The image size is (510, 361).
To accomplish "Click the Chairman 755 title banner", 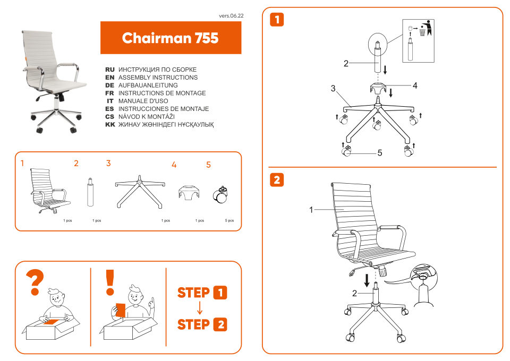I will (171, 38).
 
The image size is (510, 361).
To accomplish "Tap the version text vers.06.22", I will (231, 16).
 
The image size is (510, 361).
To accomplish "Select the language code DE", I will (110, 85).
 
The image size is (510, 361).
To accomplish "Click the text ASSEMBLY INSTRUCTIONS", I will (158, 78).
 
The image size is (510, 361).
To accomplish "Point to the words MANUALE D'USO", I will (143, 101).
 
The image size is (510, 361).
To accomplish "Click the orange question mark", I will (36, 283).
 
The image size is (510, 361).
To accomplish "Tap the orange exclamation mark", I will (110, 282).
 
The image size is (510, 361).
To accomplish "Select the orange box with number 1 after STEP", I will (220, 293).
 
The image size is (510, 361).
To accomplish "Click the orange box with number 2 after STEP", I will (220, 324).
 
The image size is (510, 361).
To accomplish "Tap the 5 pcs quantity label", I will (229, 220).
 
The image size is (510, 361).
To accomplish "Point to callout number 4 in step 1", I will (415, 85).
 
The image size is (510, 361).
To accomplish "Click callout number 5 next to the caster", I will (380, 153).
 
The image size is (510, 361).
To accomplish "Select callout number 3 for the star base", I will (333, 89).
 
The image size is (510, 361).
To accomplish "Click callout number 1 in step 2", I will (311, 210).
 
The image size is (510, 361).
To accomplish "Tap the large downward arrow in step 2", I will (367, 279).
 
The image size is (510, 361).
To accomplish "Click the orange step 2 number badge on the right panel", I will (277, 180).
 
